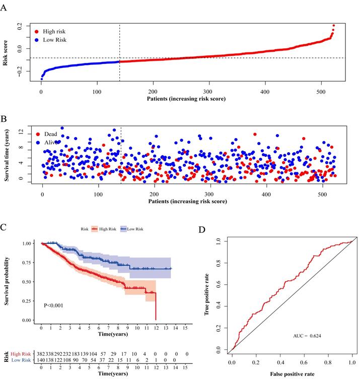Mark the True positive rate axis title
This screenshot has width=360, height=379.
[x=207, y=295]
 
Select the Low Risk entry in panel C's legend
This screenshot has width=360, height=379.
[x=133, y=229]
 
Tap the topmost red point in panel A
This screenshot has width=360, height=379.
[x=333, y=25]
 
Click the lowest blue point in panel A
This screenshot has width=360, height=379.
[x=41, y=79]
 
